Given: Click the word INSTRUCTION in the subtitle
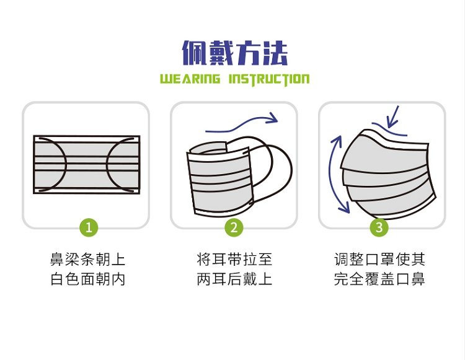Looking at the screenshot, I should [269, 79].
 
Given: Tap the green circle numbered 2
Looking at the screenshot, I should [234, 227].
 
